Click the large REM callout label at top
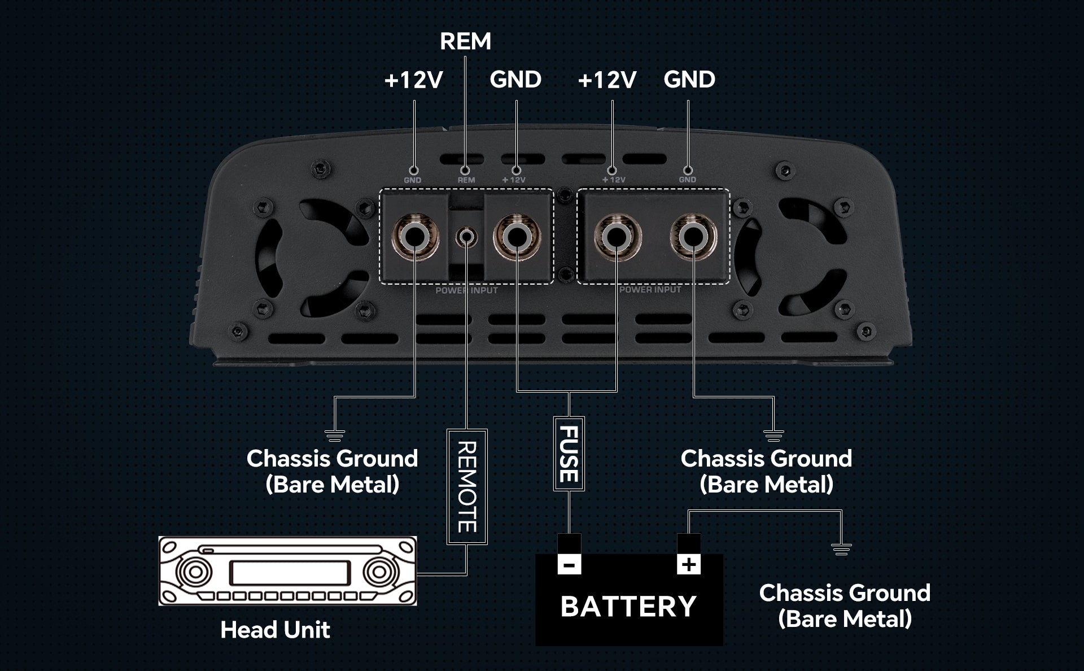(465, 41)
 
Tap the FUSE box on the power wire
(569, 454)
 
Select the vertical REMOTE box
(467, 486)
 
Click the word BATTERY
(628, 607)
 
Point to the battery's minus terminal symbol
(569, 564)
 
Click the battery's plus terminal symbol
(689, 564)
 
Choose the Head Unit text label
(275, 630)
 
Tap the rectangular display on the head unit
(289, 573)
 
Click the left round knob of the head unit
(195, 572)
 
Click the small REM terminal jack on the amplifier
(466, 236)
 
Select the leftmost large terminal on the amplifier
(416, 236)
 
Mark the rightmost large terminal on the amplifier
(693, 236)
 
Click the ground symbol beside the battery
(841, 548)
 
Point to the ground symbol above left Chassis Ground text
(335, 435)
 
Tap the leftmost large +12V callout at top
(413, 80)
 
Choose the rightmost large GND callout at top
(689, 80)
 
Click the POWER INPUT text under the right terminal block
(650, 290)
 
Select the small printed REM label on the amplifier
(466, 180)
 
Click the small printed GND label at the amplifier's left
(413, 180)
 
